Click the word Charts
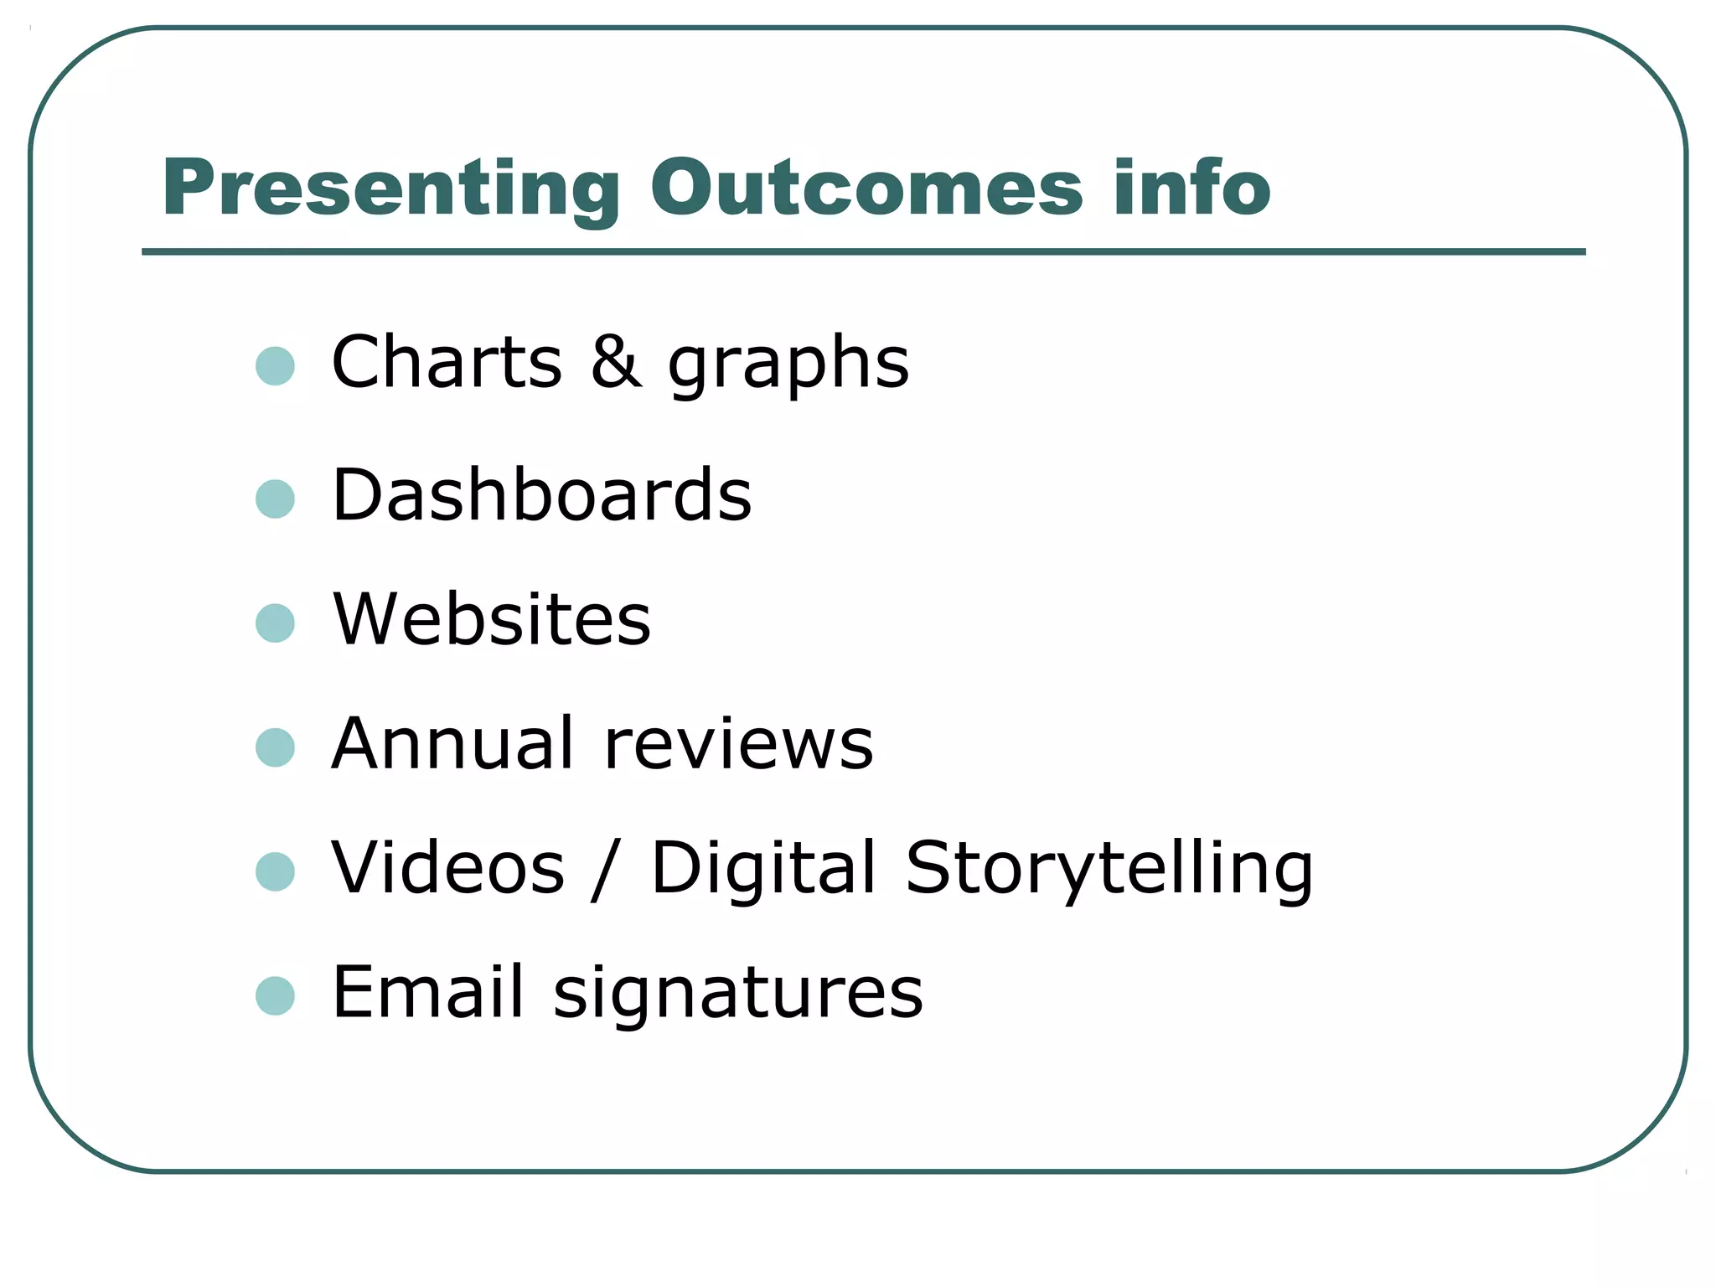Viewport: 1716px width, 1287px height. pyautogui.click(x=447, y=362)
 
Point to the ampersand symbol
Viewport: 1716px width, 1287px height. pyautogui.click(x=616, y=362)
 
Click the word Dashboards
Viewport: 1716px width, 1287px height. pyautogui.click(x=542, y=495)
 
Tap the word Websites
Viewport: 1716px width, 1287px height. pyautogui.click(x=492, y=619)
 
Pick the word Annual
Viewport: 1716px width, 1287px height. pyautogui.click(x=452, y=743)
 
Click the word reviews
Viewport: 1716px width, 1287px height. pyautogui.click(x=738, y=745)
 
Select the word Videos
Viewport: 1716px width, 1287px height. pyautogui.click(x=448, y=867)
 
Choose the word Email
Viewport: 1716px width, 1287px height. pyautogui.click(x=428, y=992)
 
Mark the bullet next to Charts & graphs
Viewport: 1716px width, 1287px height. pyautogui.click(x=275, y=366)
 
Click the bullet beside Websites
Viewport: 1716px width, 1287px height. pyautogui.click(x=275, y=623)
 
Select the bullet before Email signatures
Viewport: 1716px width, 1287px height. pyautogui.click(x=275, y=996)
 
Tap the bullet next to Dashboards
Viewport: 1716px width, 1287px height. pyautogui.click(x=275, y=499)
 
